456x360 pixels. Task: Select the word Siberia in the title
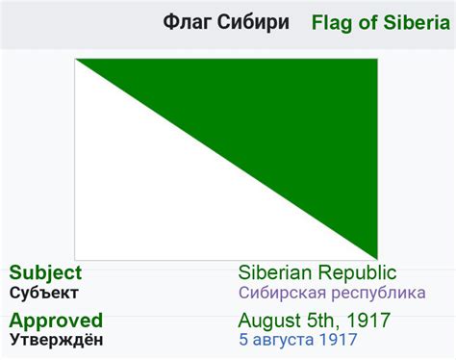click(413, 22)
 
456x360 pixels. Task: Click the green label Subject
click(45, 273)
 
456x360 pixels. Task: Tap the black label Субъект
click(43, 293)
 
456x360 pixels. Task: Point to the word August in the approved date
click(268, 320)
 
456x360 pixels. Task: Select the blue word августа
click(285, 339)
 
